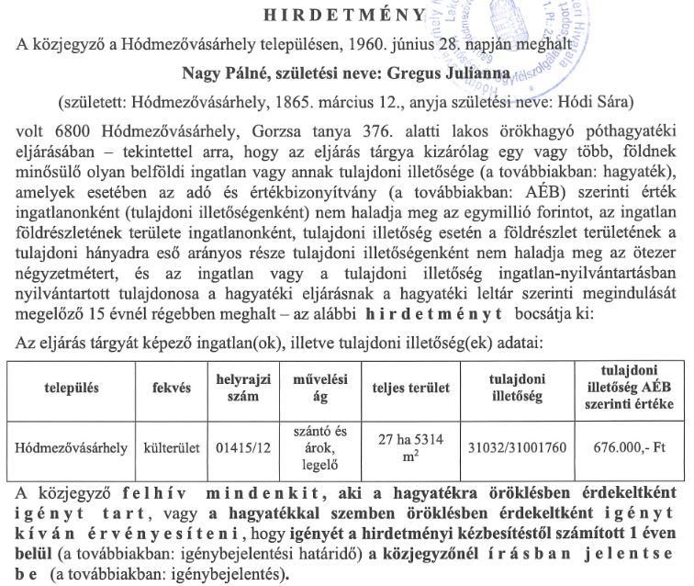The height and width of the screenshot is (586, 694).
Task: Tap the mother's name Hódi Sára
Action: (x=593, y=98)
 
